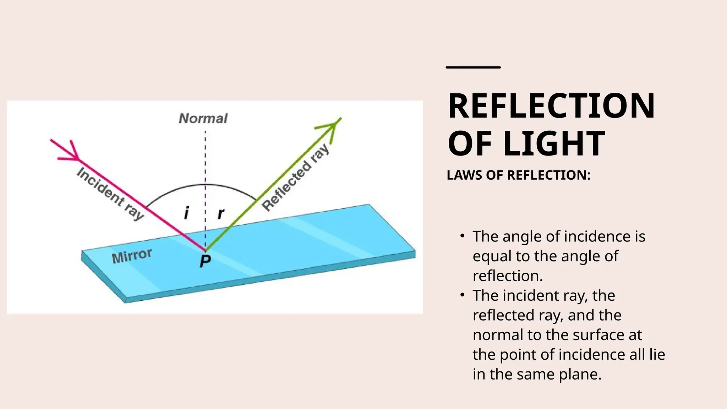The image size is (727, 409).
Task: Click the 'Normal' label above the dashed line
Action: pyautogui.click(x=203, y=118)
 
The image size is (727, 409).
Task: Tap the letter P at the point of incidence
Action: pyautogui.click(x=205, y=261)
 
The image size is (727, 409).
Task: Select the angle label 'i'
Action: pyautogui.click(x=186, y=213)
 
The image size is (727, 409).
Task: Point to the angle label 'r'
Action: pyautogui.click(x=221, y=213)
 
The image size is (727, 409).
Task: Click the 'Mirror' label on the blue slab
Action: pyautogui.click(x=132, y=256)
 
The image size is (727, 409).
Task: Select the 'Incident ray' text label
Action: pyautogui.click(x=110, y=193)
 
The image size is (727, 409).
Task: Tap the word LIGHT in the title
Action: pyautogui.click(x=554, y=143)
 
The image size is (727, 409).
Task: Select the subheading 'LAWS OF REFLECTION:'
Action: pyautogui.click(x=518, y=175)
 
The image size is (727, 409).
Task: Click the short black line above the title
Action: pyautogui.click(x=473, y=67)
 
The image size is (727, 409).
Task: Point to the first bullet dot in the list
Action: pyautogui.click(x=462, y=236)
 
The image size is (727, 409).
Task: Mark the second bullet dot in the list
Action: pyautogui.click(x=462, y=295)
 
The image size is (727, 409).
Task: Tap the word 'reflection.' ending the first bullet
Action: pyautogui.click(x=508, y=276)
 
